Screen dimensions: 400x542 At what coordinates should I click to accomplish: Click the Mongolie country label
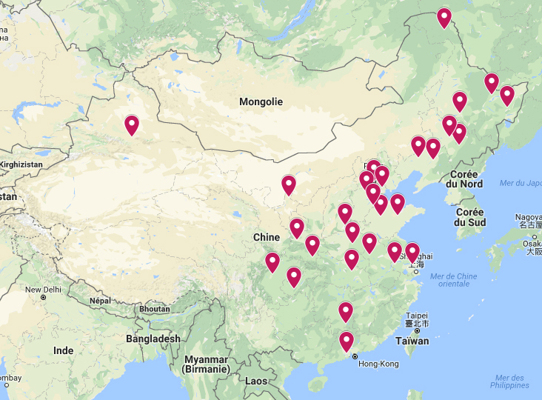[261, 101]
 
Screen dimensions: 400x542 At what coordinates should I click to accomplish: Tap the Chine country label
[267, 237]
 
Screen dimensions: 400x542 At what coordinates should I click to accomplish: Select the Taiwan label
[412, 341]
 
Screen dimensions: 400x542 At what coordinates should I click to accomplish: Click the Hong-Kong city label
[378, 364]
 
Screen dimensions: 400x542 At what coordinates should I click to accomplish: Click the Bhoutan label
[154, 308]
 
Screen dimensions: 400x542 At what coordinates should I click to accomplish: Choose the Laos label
[256, 381]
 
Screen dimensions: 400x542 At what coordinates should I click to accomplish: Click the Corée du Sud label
[470, 216]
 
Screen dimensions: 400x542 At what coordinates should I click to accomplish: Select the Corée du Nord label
[466, 179]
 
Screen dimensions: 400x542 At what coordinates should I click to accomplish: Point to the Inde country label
[64, 350]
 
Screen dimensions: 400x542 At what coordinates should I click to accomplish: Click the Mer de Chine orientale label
[454, 280]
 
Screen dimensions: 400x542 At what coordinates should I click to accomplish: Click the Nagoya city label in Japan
[529, 217]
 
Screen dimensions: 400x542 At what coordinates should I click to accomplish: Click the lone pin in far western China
[132, 124]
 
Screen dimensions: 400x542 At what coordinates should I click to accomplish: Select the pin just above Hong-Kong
[347, 341]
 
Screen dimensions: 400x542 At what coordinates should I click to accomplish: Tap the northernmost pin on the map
[444, 16]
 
